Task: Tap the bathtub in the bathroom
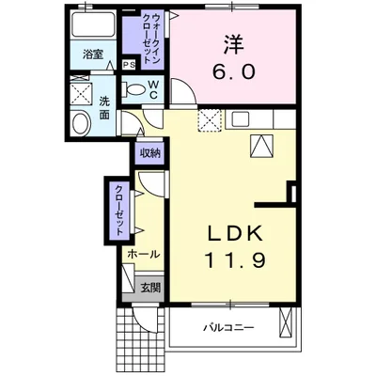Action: click(x=92, y=26)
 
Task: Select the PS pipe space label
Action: click(x=128, y=64)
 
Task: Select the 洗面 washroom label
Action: click(x=103, y=108)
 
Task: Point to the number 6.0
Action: click(x=236, y=71)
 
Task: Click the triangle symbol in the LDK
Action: click(x=261, y=146)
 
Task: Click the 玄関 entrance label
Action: click(x=150, y=287)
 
